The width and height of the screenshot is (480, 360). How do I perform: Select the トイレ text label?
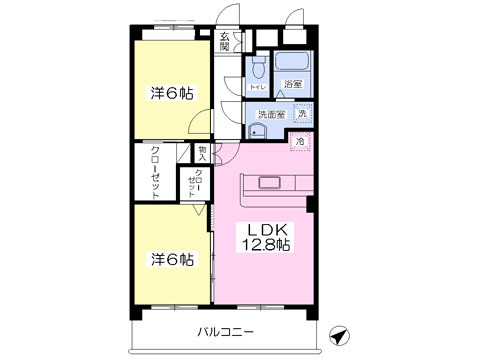click(x=257, y=88)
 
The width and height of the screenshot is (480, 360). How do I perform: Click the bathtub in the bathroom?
click(x=293, y=66)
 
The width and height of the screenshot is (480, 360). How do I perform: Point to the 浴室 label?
click(x=292, y=85)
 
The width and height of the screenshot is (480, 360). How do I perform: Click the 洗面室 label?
click(x=271, y=114)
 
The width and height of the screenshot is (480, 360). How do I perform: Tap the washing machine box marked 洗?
click(x=302, y=114)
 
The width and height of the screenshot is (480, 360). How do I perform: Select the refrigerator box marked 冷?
click(x=300, y=143)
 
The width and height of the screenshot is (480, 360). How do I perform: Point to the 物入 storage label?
click(x=202, y=154)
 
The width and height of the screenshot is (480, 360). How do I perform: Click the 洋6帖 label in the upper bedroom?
click(x=172, y=93)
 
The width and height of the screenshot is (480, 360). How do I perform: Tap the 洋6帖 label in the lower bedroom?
click(x=172, y=259)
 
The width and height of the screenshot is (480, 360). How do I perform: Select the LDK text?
click(x=263, y=227)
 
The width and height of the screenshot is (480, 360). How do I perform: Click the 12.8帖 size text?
click(x=263, y=246)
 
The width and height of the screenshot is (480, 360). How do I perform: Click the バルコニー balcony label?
click(x=225, y=330)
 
